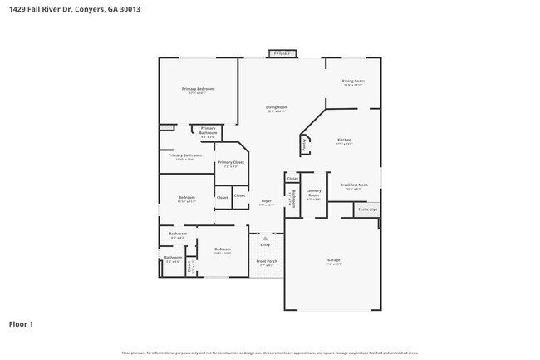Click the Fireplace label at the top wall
282,53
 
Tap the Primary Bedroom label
199,89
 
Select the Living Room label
277,108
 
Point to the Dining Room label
352,81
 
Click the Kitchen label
344,141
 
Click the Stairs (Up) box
367,210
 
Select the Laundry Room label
313,195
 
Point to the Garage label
333,261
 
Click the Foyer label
266,201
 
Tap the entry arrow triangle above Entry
266,238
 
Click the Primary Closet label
231,163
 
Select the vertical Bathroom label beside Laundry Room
290,200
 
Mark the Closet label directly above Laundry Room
292,179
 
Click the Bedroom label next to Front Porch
222,250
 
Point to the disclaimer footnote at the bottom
270,353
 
